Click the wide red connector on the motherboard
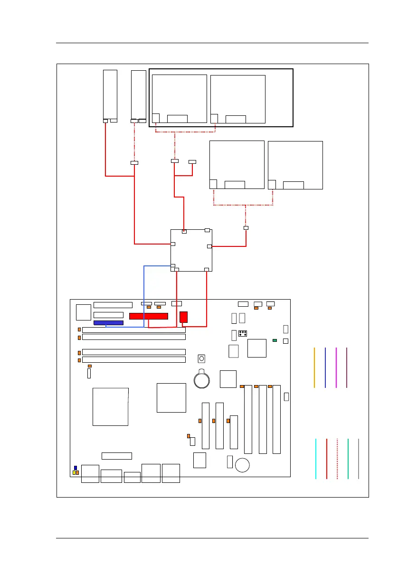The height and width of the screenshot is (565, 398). coord(149,316)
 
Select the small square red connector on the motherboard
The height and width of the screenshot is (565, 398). coord(184,317)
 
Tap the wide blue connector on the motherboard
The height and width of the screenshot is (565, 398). coord(109,323)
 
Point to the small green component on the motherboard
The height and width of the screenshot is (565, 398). coord(275,340)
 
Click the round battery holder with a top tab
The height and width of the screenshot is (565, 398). coord(202,378)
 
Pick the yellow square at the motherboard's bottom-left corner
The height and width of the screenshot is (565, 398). coord(75,473)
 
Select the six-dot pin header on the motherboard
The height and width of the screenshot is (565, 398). coord(242,332)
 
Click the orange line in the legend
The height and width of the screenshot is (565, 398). coord(314,367)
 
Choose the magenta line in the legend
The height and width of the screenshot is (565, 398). coord(336,367)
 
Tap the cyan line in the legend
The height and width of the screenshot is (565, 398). coord(316,459)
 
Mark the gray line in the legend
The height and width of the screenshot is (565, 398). coord(359,459)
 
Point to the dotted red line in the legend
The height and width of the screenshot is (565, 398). coord(337,459)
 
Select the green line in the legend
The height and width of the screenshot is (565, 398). coord(348,459)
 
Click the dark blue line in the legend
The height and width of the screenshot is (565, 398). coord(325,367)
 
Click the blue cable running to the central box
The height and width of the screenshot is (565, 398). coord(144,294)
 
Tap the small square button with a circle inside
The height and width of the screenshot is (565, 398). coord(202,358)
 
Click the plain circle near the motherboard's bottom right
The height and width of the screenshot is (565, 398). coord(243,465)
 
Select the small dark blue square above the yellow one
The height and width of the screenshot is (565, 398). coord(75,468)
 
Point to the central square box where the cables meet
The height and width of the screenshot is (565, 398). coord(191,250)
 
